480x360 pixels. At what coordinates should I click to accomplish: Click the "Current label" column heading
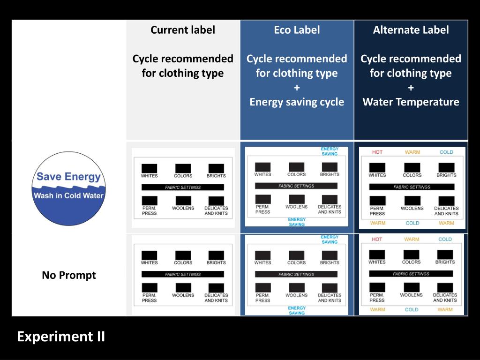pyautogui.click(x=183, y=30)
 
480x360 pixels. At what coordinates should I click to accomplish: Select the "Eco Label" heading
pyautogui.click(x=297, y=30)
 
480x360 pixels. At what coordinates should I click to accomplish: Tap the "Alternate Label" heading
pyautogui.click(x=411, y=30)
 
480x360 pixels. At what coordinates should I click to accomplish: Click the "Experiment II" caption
pyautogui.click(x=61, y=337)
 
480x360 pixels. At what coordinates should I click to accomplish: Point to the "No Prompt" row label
pyautogui.click(x=69, y=275)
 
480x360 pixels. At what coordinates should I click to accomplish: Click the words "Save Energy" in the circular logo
pyautogui.click(x=68, y=177)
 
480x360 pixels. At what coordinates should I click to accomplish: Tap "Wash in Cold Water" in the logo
pyautogui.click(x=68, y=195)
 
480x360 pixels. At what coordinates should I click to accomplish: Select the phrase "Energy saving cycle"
pyautogui.click(x=297, y=102)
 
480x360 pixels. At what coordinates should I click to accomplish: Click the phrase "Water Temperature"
pyautogui.click(x=411, y=102)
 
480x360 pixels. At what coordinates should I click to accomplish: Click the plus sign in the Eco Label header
pyautogui.click(x=297, y=88)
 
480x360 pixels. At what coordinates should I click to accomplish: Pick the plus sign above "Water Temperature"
pyautogui.click(x=411, y=88)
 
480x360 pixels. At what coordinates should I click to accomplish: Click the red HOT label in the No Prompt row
pyautogui.click(x=377, y=239)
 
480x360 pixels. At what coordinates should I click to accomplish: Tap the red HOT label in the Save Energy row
pyautogui.click(x=377, y=152)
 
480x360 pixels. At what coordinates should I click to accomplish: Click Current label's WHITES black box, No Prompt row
pyautogui.click(x=149, y=255)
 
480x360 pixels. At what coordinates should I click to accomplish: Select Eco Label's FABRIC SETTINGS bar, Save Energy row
pyautogui.click(x=296, y=186)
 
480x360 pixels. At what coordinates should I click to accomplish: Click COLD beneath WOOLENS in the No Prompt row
pyautogui.click(x=412, y=309)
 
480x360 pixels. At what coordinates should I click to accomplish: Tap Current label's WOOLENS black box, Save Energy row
pyautogui.click(x=183, y=201)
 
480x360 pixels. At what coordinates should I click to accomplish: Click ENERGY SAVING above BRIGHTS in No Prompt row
pyautogui.click(x=330, y=240)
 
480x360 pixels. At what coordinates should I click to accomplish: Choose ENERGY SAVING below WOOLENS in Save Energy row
pyautogui.click(x=297, y=222)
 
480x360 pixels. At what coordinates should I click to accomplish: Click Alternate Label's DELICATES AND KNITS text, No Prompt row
pyautogui.click(x=445, y=298)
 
